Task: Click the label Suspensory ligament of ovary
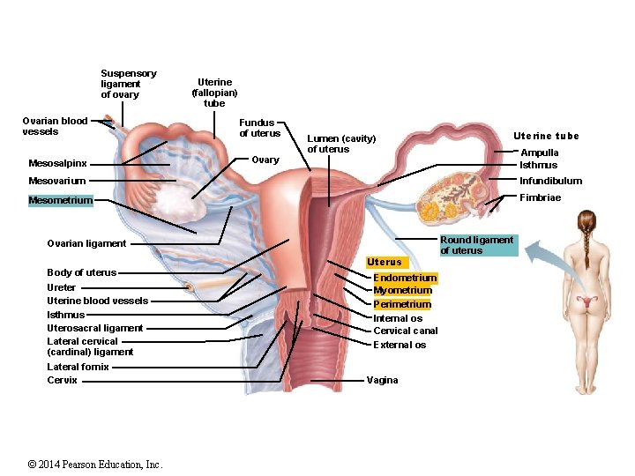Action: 128,84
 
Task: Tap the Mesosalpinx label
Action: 57,163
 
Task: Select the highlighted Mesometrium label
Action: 60,200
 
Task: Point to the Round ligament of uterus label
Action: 477,245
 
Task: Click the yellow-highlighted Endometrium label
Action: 405,278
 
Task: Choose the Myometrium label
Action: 402,290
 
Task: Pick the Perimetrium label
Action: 402,304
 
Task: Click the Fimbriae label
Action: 540,197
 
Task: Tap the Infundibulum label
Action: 550,181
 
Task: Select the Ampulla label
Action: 539,152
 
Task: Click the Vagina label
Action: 382,380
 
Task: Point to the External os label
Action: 400,345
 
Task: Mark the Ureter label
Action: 61,287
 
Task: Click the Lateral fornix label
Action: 78,367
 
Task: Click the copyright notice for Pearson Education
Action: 95,465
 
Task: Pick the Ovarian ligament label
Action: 86,243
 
